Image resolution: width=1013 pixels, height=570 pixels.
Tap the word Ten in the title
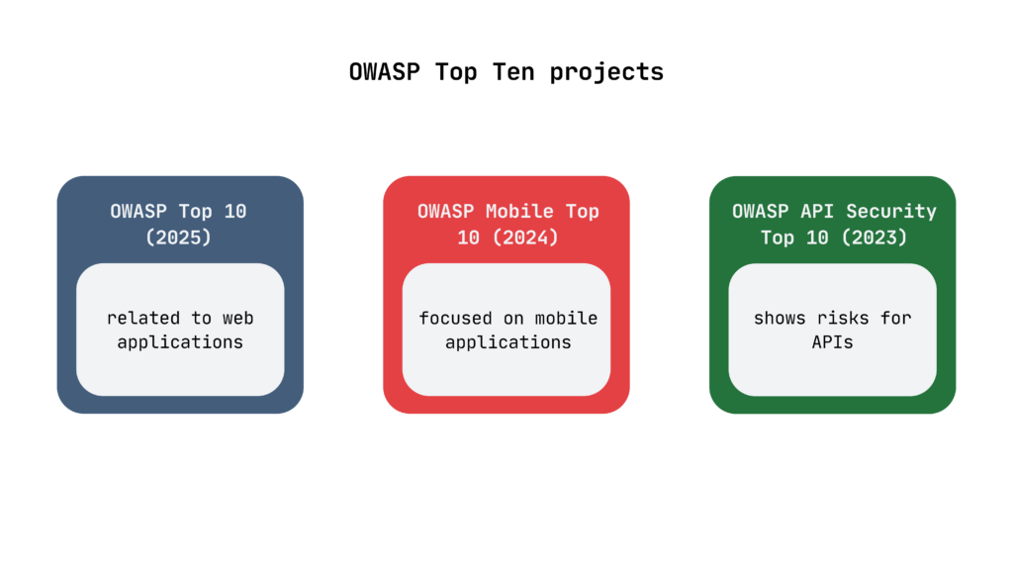513,71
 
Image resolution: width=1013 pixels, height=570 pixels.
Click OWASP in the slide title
385,71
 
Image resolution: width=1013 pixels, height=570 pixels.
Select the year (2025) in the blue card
178,237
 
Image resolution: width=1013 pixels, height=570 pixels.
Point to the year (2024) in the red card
526,237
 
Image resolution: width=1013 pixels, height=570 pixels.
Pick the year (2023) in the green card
875,237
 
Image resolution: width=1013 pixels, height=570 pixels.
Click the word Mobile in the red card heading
519,212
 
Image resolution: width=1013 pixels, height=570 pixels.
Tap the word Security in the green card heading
891,212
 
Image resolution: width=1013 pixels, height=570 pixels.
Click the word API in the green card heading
816,212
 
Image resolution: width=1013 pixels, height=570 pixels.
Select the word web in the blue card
237,319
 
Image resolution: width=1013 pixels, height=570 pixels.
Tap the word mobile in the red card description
566,318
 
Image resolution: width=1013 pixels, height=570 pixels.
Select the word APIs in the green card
832,341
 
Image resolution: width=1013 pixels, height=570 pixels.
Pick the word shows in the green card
780,318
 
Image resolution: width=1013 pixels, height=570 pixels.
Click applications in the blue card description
180,342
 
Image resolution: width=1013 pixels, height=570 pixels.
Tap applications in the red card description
508,342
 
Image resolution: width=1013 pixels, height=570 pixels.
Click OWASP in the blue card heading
138,212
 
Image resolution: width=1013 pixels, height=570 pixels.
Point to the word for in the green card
896,318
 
